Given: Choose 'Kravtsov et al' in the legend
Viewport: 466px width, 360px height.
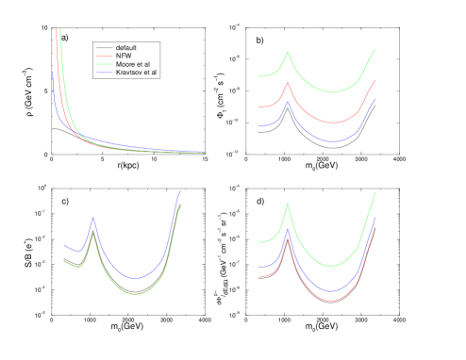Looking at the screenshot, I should (x=137, y=73).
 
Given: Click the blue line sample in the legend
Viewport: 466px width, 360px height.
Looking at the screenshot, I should (x=104, y=73).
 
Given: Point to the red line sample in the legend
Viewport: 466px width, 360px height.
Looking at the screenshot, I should (x=104, y=56).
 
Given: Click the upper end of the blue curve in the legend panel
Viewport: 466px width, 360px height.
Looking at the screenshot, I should (x=53, y=70).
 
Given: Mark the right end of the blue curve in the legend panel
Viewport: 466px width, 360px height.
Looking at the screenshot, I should (x=204, y=152).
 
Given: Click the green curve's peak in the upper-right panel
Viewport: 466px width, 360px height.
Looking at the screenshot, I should (x=288, y=52).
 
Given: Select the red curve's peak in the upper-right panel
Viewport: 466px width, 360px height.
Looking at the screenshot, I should (x=288, y=83).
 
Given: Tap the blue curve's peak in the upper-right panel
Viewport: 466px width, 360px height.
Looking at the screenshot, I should (x=288, y=102).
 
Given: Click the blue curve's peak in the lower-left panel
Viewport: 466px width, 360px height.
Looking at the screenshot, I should (x=93, y=219).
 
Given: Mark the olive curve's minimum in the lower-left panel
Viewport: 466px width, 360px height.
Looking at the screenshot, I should (x=136, y=294).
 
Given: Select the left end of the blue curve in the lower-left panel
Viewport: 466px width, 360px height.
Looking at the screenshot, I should (x=64, y=244).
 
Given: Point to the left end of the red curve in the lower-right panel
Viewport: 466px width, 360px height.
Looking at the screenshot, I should (x=258, y=276).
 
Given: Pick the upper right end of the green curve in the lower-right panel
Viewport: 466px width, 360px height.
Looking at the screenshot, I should (x=374, y=192).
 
